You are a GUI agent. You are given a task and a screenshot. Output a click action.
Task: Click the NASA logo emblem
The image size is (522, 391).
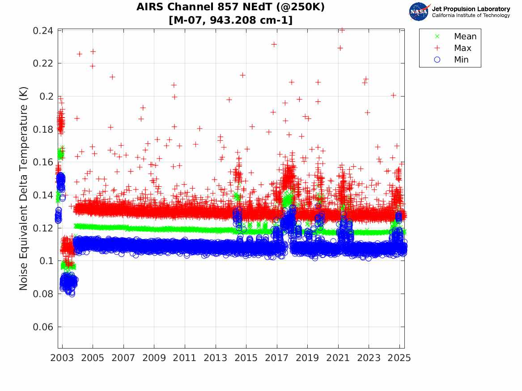coord(419,12)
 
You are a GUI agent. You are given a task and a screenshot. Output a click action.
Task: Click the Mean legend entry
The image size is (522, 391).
coord(465,37)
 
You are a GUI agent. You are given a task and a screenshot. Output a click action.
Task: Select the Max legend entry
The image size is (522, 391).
coord(463,48)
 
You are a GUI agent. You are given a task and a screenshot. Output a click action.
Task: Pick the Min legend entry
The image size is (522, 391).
coord(461,60)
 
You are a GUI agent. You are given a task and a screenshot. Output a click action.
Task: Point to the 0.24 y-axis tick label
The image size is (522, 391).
coord(43,31)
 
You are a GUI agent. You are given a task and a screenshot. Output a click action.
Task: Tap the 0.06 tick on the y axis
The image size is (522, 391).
coord(43,327)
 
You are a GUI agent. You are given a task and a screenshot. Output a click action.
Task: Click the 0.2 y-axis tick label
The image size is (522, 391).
coord(47,97)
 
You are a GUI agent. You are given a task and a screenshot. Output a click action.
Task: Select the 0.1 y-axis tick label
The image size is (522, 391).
coord(47,261)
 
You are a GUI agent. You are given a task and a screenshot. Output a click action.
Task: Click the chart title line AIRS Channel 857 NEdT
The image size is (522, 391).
coord(230,7)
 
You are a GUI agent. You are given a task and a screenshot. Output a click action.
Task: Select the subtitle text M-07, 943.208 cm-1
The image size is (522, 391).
coord(230,20)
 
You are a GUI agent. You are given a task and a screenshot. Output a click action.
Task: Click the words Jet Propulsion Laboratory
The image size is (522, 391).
coord(471,9)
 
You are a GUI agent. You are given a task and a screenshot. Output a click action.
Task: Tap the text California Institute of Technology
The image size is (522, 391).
coord(471,16)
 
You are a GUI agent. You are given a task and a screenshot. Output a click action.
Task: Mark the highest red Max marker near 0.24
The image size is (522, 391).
coord(342,30)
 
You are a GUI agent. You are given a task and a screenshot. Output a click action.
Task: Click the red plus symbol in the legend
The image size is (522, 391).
coord(437,48)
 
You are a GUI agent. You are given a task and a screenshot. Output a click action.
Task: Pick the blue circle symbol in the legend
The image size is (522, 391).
coord(437,60)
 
